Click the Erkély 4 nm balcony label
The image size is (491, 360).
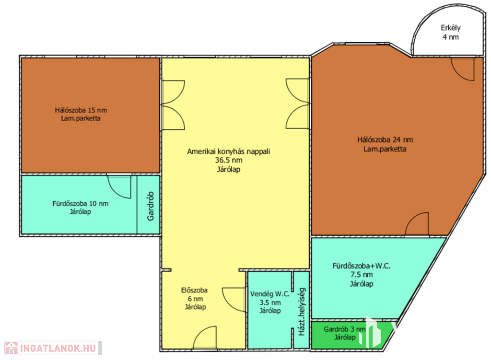point(451,32)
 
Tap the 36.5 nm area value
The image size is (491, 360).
point(229,160)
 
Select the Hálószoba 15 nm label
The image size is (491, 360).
point(81,110)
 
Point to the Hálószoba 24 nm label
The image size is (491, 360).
point(385,139)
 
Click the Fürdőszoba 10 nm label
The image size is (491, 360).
point(81,203)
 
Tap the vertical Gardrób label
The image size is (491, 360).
point(151,206)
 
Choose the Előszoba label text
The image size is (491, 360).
point(194,290)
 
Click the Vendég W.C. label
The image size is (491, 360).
point(270,294)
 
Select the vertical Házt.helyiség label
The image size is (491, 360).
point(302,312)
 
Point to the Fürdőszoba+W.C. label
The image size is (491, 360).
point(362,266)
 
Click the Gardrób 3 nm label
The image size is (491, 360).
point(344,329)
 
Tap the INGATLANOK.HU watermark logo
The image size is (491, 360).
point(53,348)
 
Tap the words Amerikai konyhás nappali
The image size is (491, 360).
point(229,151)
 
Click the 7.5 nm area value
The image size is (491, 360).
point(362,275)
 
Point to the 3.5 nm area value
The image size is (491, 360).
point(270,302)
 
